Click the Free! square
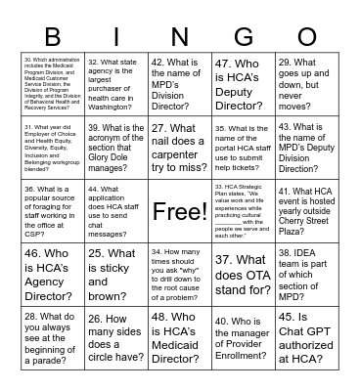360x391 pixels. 179,211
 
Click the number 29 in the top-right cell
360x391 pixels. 286,61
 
